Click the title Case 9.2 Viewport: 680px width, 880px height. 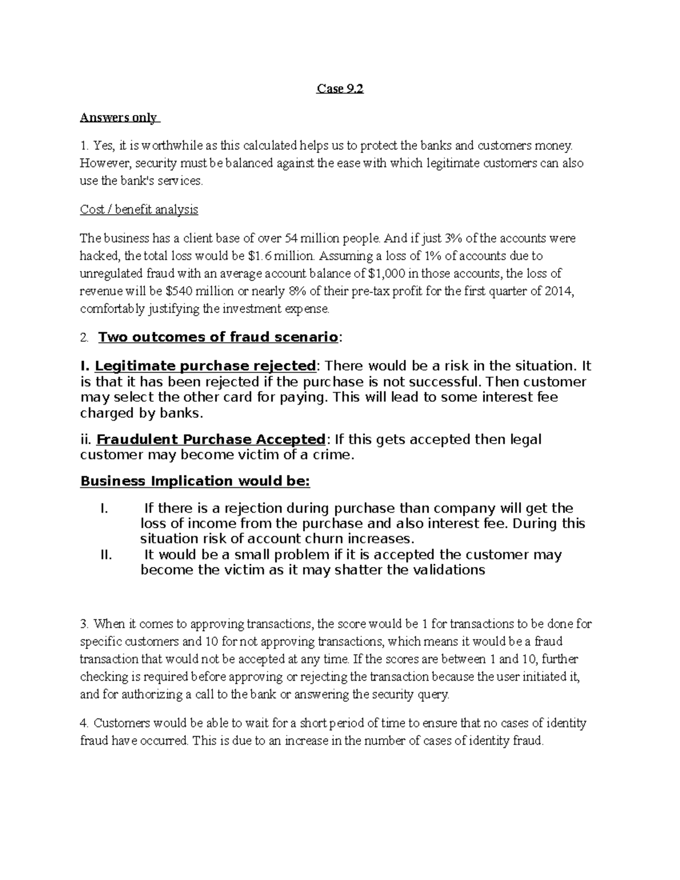339,89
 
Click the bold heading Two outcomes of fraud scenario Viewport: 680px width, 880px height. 218,337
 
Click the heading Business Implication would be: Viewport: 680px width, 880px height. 195,481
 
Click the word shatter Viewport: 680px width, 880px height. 359,569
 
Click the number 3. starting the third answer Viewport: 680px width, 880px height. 84,624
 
